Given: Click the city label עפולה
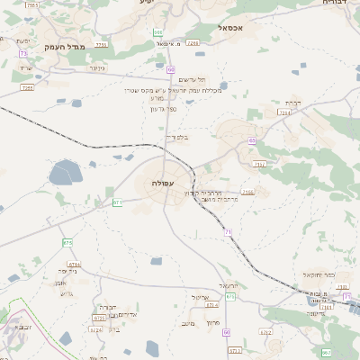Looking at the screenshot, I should coord(164,183).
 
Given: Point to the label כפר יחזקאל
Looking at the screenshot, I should coord(319,274).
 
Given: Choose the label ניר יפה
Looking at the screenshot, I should coord(73,270).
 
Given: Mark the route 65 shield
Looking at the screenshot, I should coord(253,140).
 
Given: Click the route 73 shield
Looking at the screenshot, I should coord(22,53).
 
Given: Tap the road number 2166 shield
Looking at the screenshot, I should coord(247,192).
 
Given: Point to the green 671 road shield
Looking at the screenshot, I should coord(118,202).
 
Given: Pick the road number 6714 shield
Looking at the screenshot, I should coord(74,265).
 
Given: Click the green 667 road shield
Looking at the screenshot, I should coord(326,352).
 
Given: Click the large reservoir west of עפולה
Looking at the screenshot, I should coord(64,173).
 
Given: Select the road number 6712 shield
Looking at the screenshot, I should coord(265,331).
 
